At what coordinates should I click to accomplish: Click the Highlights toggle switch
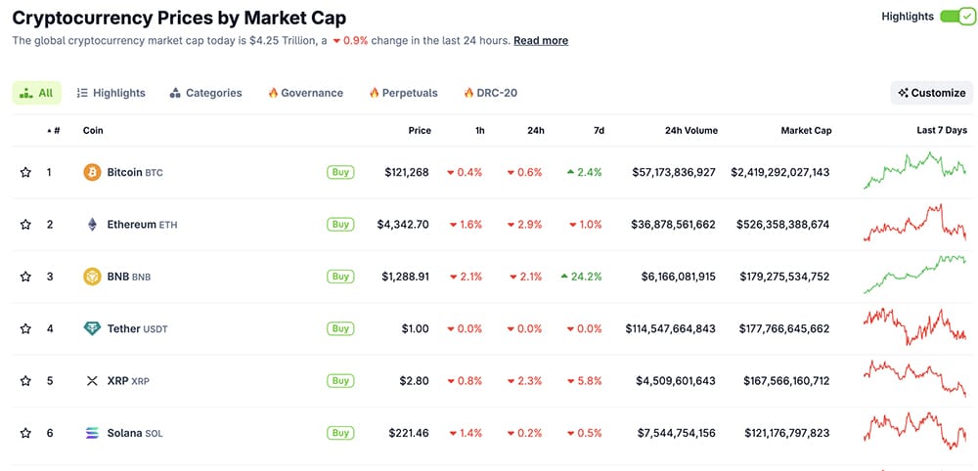956,17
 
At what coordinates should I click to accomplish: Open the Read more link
541,41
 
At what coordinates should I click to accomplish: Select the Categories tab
205,93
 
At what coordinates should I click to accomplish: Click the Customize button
931,93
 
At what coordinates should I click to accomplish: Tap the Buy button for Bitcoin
340,172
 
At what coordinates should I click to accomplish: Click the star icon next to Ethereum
25,225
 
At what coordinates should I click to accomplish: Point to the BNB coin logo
93,277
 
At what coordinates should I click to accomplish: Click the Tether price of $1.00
415,328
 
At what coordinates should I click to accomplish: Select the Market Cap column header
806,131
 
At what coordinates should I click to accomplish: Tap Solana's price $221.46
407,433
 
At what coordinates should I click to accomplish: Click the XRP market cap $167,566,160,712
779,381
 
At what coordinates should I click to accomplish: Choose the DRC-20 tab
491,93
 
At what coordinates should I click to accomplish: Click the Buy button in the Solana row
340,433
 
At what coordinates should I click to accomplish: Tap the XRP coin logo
93,381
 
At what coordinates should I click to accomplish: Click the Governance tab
305,93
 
